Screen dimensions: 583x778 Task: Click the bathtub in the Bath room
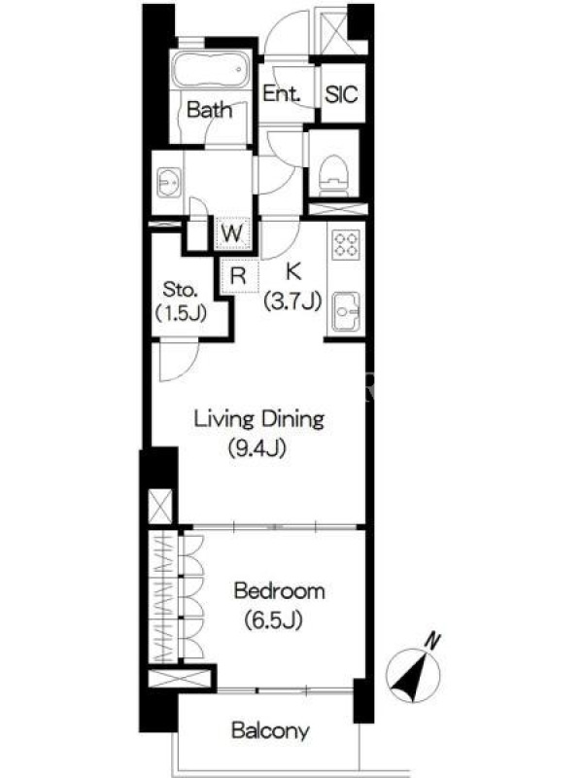[210, 69]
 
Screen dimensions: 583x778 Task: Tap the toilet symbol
[332, 176]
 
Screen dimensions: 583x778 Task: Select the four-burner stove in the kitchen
[346, 244]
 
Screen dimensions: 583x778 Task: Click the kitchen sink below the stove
[346, 311]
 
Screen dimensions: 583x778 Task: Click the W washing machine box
[232, 232]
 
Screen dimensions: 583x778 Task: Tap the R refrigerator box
[239, 275]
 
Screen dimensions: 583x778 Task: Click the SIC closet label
[342, 93]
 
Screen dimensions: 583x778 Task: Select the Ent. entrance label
[282, 93]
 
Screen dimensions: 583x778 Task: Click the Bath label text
[209, 110]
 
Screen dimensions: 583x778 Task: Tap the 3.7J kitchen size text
[293, 301]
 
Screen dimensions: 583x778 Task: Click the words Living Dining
[258, 420]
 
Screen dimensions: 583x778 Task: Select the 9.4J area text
[257, 449]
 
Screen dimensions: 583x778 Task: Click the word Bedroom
[280, 591]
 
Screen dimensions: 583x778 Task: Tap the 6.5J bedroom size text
[274, 620]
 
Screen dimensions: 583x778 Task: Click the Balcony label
[271, 730]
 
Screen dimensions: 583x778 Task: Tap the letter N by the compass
[433, 641]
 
